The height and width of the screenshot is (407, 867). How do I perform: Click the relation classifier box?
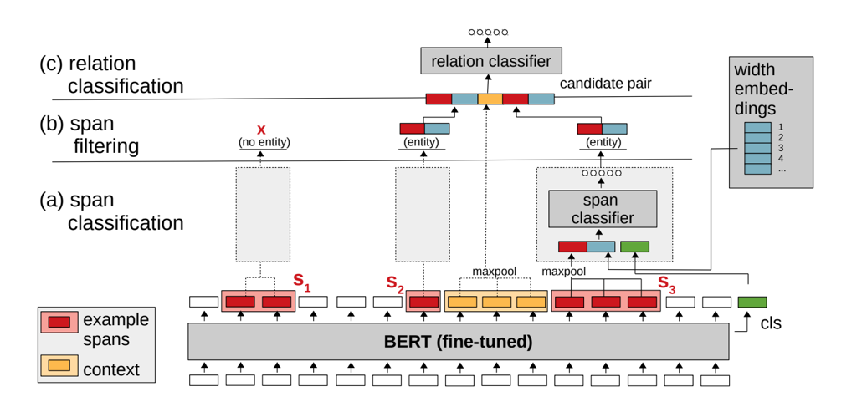coord(490,61)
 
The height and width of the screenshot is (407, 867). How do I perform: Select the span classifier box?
coord(603,209)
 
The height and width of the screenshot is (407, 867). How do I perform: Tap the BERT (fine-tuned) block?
coord(458,341)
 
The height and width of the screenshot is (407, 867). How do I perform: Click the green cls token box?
coord(752,302)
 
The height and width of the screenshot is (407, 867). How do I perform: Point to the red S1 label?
coord(302,282)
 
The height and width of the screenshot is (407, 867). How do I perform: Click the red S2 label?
coord(395,284)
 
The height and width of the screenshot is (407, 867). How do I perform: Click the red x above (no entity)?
coord(261,130)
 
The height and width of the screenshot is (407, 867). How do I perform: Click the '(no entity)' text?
coord(262,143)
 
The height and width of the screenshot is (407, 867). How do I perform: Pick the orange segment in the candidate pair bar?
coord(490,99)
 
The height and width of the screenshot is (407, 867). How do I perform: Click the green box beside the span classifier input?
coord(634,247)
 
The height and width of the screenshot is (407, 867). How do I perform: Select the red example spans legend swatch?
coord(59,320)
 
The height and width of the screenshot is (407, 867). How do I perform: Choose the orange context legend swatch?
coord(59,365)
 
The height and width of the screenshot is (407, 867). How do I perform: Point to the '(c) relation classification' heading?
coord(111,74)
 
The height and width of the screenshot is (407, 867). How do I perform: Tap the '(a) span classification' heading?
coord(111,212)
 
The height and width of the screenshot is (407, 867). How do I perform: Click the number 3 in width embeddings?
coord(780,147)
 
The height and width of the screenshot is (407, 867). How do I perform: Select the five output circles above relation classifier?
coord(488,33)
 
